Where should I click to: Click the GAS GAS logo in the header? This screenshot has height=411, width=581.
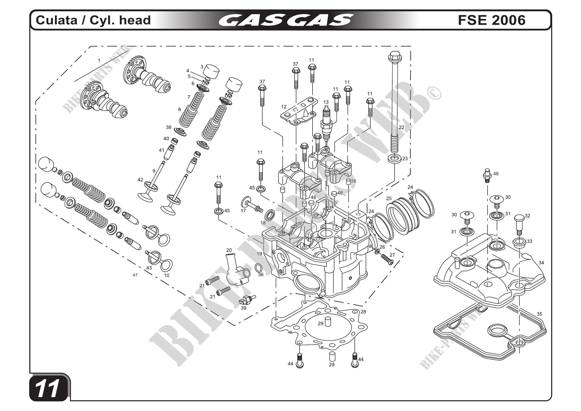[x=286, y=20]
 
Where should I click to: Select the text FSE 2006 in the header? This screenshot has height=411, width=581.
[x=492, y=20]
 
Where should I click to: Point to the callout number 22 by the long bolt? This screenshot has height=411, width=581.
[x=402, y=127]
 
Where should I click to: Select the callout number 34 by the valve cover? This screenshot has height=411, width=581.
[x=541, y=263]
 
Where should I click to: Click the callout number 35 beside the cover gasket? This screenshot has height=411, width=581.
[x=539, y=314]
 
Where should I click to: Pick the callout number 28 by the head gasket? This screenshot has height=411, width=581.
[x=363, y=312]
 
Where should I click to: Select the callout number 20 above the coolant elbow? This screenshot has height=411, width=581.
[x=229, y=250]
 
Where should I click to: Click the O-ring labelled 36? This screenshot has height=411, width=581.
[x=258, y=267]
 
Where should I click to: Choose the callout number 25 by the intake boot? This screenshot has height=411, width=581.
[x=389, y=198]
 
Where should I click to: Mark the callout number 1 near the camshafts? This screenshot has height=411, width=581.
[x=99, y=60]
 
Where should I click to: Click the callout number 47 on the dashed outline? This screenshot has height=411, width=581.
[x=135, y=275]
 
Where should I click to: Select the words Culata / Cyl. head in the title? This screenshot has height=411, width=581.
[x=93, y=20]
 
